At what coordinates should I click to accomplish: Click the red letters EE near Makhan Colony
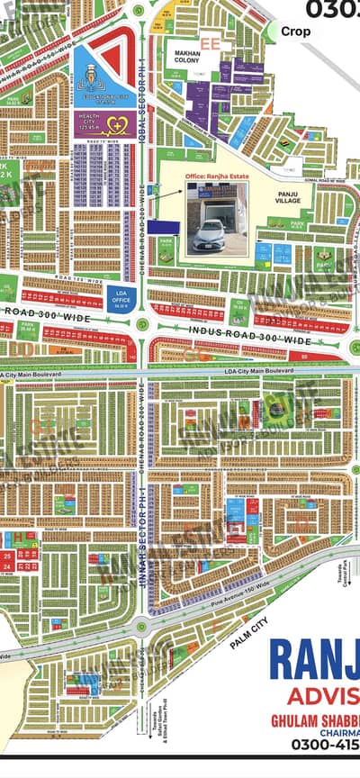pyautogui.click(x=212, y=42)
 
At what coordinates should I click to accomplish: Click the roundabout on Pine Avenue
pyautogui.click(x=141, y=627)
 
